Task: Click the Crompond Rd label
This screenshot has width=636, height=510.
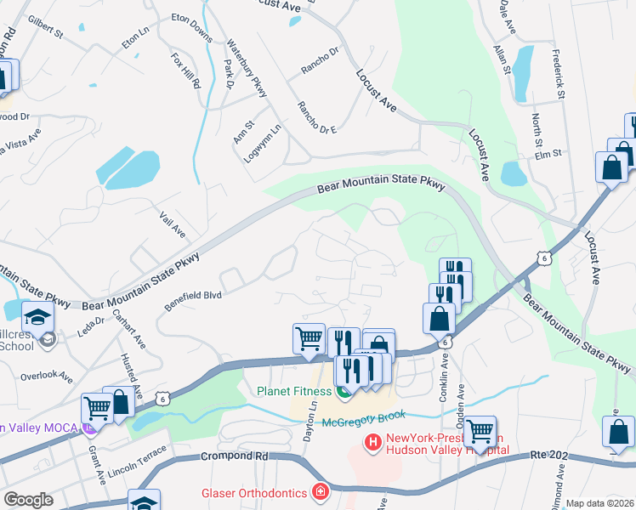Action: (236, 456)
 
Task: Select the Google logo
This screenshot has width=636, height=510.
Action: (29, 500)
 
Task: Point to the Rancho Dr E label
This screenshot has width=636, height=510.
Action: (316, 117)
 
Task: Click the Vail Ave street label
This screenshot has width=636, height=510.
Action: (173, 224)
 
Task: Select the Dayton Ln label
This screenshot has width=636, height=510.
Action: (310, 421)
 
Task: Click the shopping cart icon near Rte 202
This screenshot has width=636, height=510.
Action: (480, 431)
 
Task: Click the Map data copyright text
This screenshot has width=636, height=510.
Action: (600, 503)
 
